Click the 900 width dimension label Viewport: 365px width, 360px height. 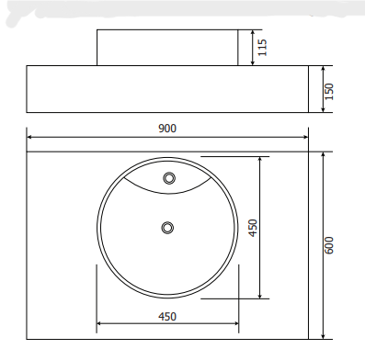167,129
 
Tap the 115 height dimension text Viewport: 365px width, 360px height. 262,48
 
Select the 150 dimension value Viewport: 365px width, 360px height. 329,91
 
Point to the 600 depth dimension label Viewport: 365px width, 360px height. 329,245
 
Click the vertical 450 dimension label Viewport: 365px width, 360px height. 253,228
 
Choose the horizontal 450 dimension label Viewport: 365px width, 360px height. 167,316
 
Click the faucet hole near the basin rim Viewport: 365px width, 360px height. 169,178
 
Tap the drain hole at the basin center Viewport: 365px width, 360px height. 167,228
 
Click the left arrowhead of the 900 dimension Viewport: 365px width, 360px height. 29,137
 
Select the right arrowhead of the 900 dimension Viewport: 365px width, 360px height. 305,137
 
